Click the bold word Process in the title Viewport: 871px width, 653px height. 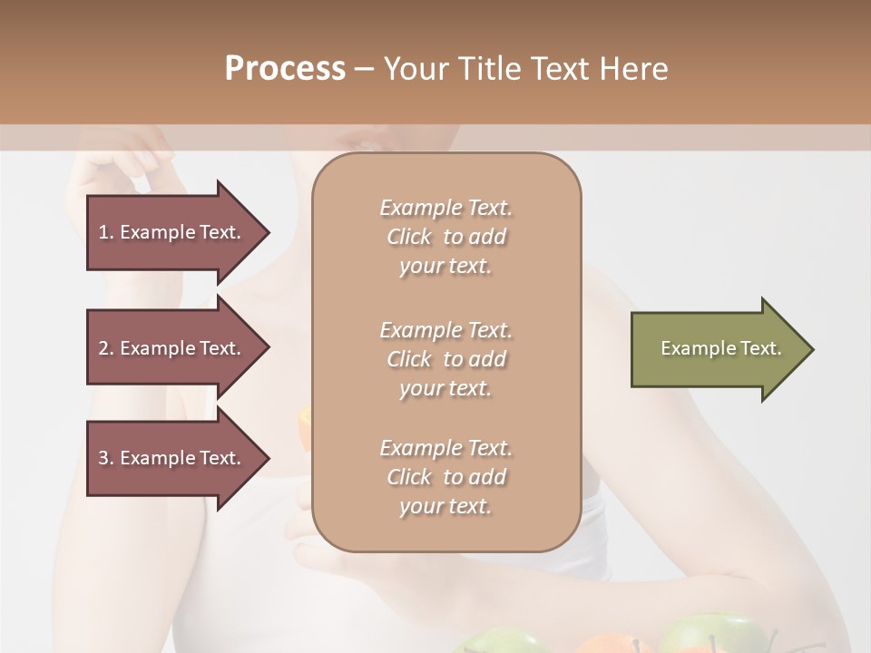tap(285, 69)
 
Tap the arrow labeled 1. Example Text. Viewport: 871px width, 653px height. tap(172, 232)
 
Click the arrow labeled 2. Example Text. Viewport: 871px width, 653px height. tap(172, 348)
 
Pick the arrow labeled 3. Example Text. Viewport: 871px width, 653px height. tap(172, 458)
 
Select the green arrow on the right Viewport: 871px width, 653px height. tap(717, 349)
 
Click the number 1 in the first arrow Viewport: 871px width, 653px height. tap(103, 232)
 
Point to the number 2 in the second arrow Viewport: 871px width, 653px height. tap(103, 348)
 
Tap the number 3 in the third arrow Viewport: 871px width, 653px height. tap(103, 458)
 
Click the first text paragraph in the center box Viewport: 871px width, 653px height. tap(445, 237)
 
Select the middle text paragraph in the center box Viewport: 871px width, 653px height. tap(445, 358)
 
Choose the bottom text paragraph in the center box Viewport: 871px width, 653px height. tap(445, 477)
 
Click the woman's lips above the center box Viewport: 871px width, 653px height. tap(367, 143)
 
